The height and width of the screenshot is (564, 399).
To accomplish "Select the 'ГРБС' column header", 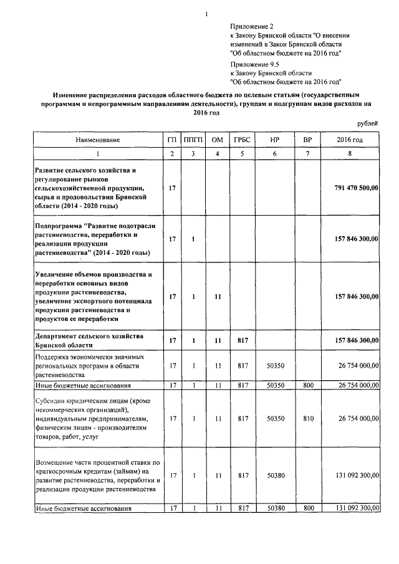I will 242,140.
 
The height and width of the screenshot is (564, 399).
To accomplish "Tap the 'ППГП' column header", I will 194,140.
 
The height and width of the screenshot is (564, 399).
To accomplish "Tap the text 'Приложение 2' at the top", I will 252,26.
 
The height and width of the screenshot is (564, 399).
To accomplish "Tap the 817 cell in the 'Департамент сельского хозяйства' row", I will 242,340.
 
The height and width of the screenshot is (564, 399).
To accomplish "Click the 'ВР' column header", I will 306,140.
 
